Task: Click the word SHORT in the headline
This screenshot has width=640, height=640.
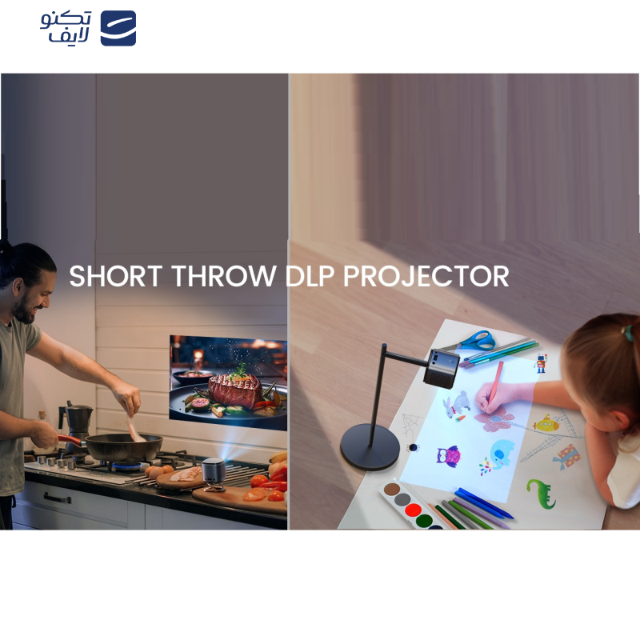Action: click(116, 276)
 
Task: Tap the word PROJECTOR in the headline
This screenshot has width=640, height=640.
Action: click(426, 276)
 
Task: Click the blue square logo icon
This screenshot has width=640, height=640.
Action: click(118, 28)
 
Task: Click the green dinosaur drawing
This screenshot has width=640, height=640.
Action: click(542, 493)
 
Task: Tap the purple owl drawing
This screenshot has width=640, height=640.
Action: click(449, 456)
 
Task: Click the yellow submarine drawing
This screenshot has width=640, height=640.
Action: click(546, 424)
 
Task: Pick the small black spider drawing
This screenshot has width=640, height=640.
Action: click(413, 447)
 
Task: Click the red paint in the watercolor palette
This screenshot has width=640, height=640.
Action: click(413, 510)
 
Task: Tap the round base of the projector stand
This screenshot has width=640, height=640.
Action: click(370, 447)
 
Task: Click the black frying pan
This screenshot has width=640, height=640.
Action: click(122, 446)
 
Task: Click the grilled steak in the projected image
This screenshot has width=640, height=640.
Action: click(235, 390)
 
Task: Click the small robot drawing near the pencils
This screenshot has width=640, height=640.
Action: click(541, 364)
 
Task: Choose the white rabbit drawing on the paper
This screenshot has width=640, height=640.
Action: click(457, 404)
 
